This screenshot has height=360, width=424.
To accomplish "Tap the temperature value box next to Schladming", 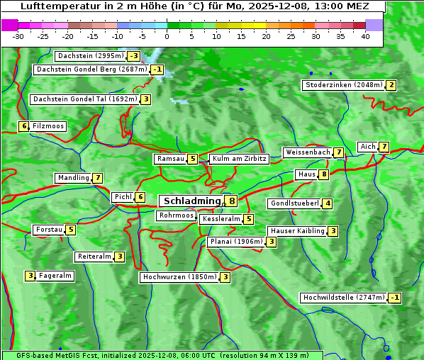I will [x=232, y=201].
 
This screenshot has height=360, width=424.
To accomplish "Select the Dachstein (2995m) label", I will [x=90, y=56].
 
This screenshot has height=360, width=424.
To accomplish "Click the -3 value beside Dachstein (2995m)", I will [x=134, y=56].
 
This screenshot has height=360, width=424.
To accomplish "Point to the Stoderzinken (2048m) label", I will [x=343, y=85].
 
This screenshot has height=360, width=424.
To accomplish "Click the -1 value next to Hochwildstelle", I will [x=394, y=298].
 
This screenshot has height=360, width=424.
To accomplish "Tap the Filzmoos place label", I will [x=48, y=126].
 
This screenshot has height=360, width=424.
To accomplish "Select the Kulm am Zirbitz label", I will [x=239, y=159].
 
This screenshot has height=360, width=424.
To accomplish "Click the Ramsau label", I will [x=171, y=159].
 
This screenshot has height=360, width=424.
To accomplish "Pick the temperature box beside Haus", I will [x=324, y=174].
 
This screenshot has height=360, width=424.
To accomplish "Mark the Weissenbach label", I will [x=307, y=152].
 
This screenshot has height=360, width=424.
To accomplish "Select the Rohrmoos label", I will [x=177, y=215].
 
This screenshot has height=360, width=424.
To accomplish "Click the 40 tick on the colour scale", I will [x=365, y=36].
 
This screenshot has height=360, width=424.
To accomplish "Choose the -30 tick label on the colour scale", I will [x=18, y=36].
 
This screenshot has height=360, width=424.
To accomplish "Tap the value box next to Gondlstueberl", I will [x=327, y=204].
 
